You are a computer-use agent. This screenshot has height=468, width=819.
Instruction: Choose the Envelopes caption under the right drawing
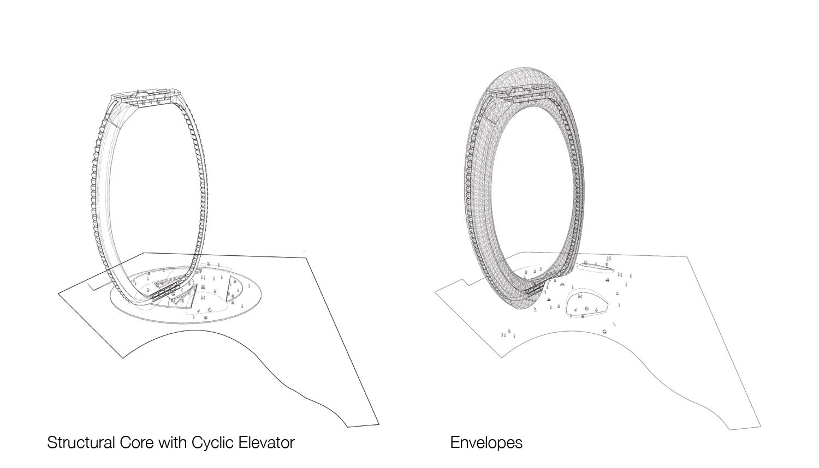tap(486, 443)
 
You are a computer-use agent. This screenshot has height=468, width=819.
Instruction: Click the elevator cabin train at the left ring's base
tap(165, 291)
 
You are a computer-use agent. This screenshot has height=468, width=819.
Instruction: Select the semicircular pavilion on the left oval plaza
tap(234, 289)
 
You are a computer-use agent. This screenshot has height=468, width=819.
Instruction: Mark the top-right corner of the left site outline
tap(306, 258)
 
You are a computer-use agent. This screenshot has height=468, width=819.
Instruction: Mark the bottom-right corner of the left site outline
tap(379, 424)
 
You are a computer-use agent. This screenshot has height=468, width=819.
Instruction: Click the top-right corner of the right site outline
tap(687, 257)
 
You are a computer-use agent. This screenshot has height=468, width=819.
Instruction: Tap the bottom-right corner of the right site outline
tap(761, 426)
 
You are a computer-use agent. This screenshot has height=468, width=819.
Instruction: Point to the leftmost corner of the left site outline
tap(58, 293)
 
